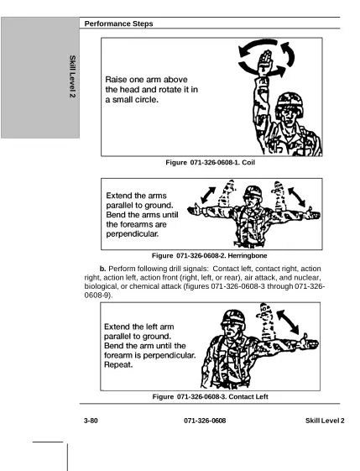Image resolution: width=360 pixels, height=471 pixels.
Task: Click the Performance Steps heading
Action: click(x=118, y=24)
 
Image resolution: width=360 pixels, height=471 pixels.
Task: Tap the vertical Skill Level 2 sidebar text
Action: click(x=72, y=76)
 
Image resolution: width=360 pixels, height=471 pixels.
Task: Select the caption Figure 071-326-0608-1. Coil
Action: click(x=210, y=163)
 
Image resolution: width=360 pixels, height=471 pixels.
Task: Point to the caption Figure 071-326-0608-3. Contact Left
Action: click(x=210, y=396)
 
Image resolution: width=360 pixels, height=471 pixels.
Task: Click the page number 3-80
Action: click(x=91, y=421)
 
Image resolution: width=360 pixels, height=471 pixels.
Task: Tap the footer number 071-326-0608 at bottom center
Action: click(x=205, y=421)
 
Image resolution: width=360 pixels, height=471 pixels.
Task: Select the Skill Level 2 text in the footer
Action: click(x=325, y=421)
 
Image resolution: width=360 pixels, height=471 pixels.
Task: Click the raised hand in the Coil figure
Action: click(x=265, y=62)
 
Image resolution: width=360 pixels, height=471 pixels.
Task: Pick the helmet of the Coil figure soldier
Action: click(x=290, y=102)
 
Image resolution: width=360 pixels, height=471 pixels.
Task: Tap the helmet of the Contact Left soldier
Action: click(x=233, y=318)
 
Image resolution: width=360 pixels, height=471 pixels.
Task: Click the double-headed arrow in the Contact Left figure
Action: click(x=288, y=322)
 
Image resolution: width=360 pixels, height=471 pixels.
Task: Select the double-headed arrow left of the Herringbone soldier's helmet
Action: click(x=208, y=196)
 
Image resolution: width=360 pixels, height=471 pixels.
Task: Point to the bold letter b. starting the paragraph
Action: click(x=102, y=269)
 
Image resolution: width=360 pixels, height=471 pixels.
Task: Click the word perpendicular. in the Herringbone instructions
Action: click(x=133, y=234)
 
